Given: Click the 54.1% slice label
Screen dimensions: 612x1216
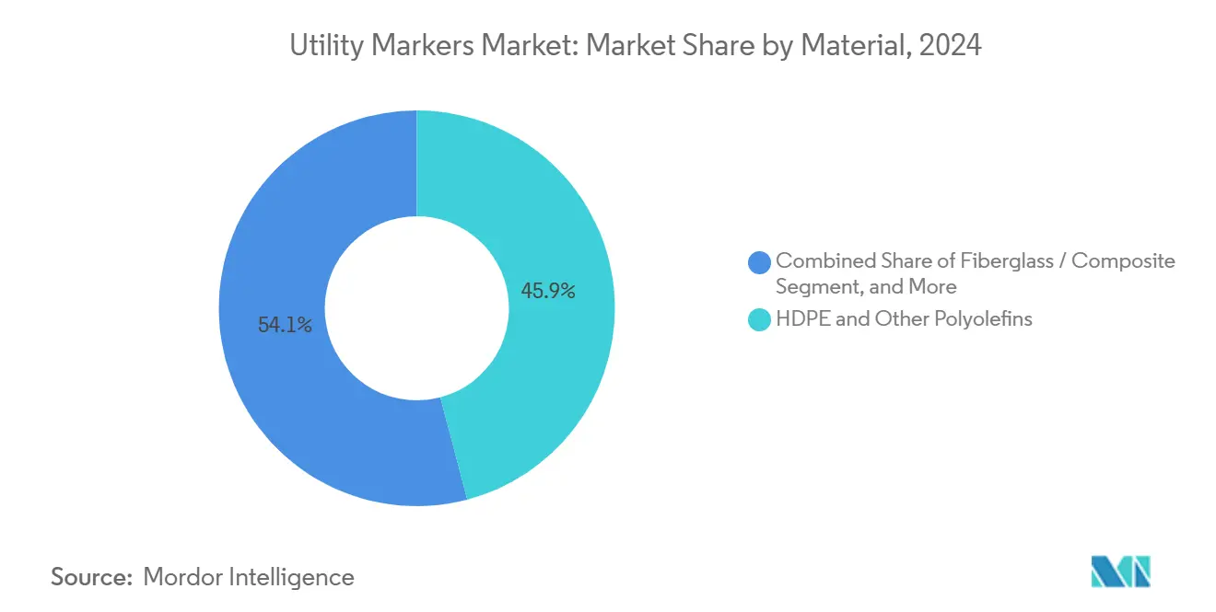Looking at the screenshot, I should point(285,325).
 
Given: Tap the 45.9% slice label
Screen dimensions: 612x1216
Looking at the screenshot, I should point(548,292).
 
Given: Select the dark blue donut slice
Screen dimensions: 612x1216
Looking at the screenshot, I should point(276,387).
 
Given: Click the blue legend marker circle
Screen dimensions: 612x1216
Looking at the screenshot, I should point(760,261).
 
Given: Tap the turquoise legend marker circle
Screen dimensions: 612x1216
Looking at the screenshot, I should point(760,320).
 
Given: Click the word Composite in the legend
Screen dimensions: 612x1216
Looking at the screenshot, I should point(1123,261).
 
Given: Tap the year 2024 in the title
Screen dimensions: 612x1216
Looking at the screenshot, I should point(953,46).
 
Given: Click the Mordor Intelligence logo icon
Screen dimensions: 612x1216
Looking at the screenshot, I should point(1120,572).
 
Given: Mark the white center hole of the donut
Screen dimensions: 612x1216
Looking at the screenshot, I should point(416,308).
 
